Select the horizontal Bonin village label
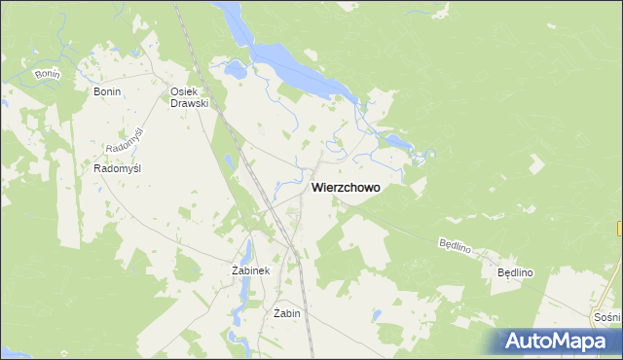tap(106, 91)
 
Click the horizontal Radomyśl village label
tap(118, 168)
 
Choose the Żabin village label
tap(287, 314)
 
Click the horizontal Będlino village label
tap(516, 273)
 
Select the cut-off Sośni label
tap(606, 317)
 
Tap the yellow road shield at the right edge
tap(620, 228)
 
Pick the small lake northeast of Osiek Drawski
tap(235, 70)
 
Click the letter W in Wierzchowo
tap(317, 188)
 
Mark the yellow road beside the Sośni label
tap(616, 292)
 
